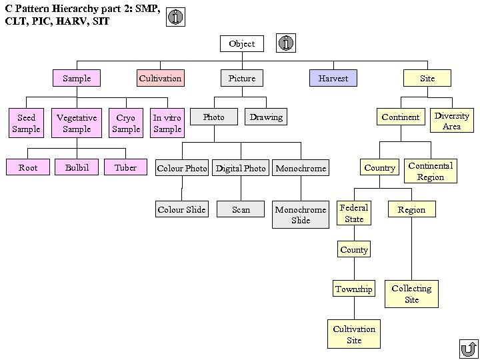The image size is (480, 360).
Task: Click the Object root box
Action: click(241, 44)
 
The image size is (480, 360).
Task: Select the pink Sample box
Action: click(77, 79)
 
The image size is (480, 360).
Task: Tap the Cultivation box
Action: click(160, 79)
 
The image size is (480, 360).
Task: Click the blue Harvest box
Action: click(333, 79)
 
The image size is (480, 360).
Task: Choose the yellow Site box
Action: click(427, 79)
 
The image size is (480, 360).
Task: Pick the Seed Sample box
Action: click(26, 123)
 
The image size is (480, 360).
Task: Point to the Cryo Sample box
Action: click(125, 123)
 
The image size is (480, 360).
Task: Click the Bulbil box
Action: click(77, 168)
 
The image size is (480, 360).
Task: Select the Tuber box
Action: click(125, 168)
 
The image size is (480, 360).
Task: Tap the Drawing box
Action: click(266, 117)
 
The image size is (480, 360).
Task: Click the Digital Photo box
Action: click(241, 169)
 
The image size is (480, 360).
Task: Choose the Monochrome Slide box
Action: click(301, 215)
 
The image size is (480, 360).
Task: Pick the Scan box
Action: click(241, 210)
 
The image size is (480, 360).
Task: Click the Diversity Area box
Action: click(451, 121)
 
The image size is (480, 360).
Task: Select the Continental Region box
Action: click(430, 171)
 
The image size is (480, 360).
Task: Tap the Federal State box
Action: click(354, 213)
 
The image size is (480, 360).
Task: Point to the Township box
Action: click(354, 289)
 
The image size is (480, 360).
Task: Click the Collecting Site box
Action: click(411, 294)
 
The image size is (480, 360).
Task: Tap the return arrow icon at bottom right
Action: click(469, 349)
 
